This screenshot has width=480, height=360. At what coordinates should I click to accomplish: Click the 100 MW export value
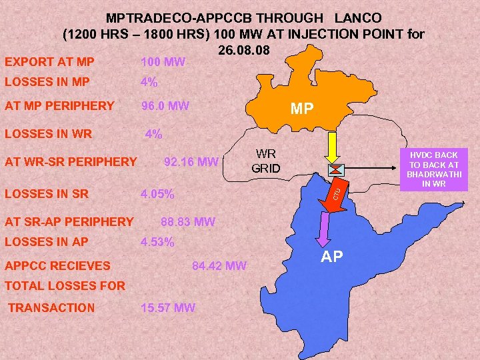tap(163, 62)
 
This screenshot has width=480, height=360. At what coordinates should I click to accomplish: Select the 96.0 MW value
tap(165, 105)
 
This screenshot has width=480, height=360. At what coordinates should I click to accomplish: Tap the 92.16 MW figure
tap(191, 161)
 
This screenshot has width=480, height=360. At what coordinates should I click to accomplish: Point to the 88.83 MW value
tap(189, 222)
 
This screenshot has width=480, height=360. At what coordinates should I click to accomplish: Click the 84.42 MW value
tap(219, 267)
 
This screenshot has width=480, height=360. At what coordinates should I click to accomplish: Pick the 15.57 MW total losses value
tap(168, 307)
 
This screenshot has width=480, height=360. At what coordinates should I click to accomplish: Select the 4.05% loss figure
tap(157, 195)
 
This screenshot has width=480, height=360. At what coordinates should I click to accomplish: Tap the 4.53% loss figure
tap(157, 243)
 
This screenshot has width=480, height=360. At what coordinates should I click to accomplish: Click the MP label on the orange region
tap(302, 109)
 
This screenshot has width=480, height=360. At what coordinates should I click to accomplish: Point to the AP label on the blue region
tap(333, 257)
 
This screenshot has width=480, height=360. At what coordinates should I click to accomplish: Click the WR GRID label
tap(266, 161)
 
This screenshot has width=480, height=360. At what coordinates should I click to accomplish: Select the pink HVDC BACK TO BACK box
tap(433, 169)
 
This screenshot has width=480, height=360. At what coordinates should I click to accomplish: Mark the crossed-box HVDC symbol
tap(336, 170)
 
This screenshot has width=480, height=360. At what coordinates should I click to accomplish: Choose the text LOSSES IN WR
tap(49, 133)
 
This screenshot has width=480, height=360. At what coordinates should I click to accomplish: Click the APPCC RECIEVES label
tap(57, 265)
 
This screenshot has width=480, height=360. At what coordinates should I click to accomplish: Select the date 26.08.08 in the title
tap(243, 50)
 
